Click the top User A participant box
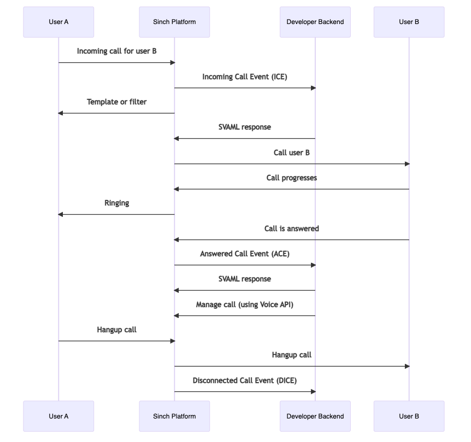(58, 22)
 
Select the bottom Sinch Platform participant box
(174, 416)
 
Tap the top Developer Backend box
(315, 22)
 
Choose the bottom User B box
(409, 416)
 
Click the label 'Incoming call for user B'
(117, 51)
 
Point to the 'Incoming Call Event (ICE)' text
(244, 76)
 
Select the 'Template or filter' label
(116, 102)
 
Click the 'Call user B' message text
(291, 152)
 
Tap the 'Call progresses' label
(291, 178)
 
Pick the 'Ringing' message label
(116, 203)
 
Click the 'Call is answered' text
(291, 228)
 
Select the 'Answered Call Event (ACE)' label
(244, 254)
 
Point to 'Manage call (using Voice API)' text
(244, 304)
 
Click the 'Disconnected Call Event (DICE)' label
(244, 380)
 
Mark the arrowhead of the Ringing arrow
(61, 214)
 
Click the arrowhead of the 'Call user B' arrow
(407, 164)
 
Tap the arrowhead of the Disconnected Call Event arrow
(313, 391)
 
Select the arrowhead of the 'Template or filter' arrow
(61, 113)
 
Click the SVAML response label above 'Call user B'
(244, 127)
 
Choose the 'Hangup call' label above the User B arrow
(291, 355)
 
